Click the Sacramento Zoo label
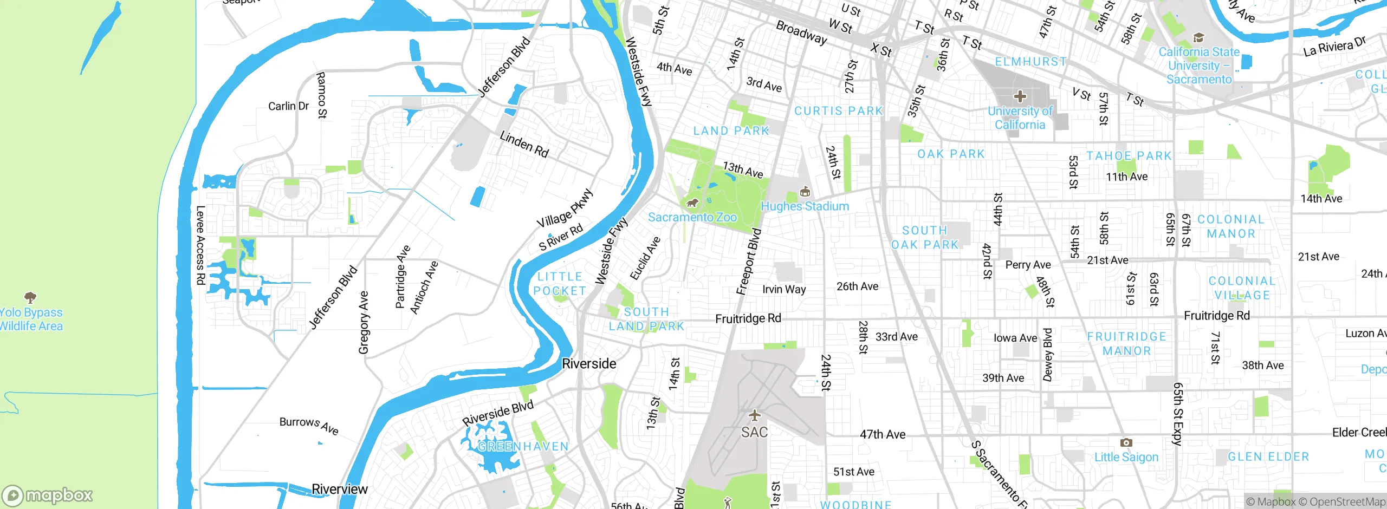coord(692,217)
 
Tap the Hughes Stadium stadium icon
coord(805,192)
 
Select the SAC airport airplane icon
coord(754,416)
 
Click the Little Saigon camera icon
coord(1126,442)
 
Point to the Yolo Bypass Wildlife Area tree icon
coord(30,297)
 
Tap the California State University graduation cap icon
coord(1198,37)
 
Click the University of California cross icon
coord(1020,97)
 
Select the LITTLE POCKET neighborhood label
coord(560,284)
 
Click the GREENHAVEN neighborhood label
coord(523,447)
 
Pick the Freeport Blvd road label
coord(749,262)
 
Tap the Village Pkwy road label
coord(565,208)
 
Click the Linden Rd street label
coord(524,144)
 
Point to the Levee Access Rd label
coord(200,245)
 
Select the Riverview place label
coord(340,490)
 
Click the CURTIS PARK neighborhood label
coord(838,111)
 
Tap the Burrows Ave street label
coord(309,425)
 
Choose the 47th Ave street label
coord(882,434)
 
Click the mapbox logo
coord(48,495)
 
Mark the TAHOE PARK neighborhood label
coord(1129,156)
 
